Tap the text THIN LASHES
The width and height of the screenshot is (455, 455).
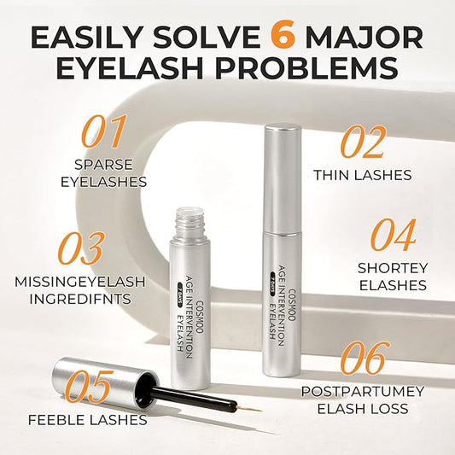coord(362,175)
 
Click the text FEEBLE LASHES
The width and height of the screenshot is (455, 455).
coord(86,419)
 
